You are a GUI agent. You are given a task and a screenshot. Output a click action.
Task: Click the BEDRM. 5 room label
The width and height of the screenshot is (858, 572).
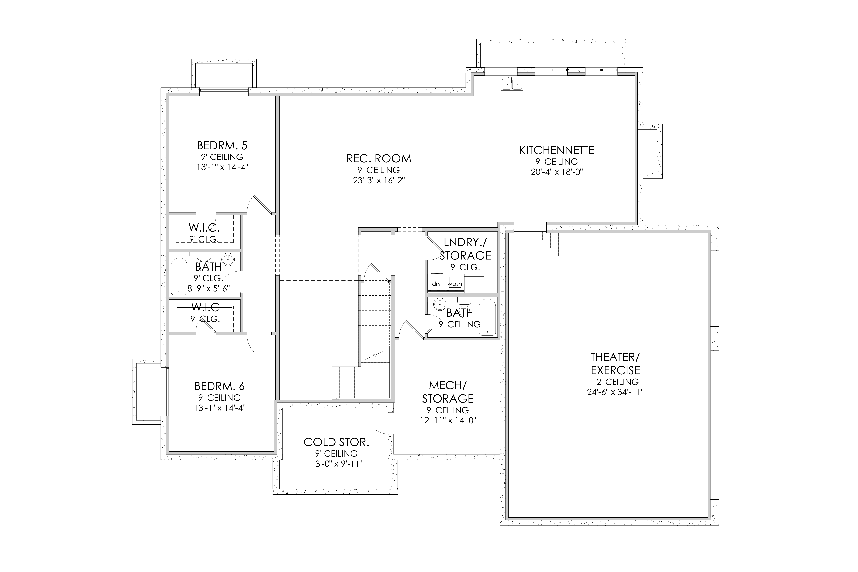222,146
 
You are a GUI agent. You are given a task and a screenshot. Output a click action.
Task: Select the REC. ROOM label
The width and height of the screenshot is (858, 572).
379,159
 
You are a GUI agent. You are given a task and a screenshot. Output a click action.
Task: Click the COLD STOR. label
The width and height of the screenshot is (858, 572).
336,442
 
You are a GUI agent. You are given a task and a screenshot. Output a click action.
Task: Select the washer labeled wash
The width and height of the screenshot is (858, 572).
455,283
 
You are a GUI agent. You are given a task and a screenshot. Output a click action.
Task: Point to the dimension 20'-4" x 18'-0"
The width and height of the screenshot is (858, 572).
557,172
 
